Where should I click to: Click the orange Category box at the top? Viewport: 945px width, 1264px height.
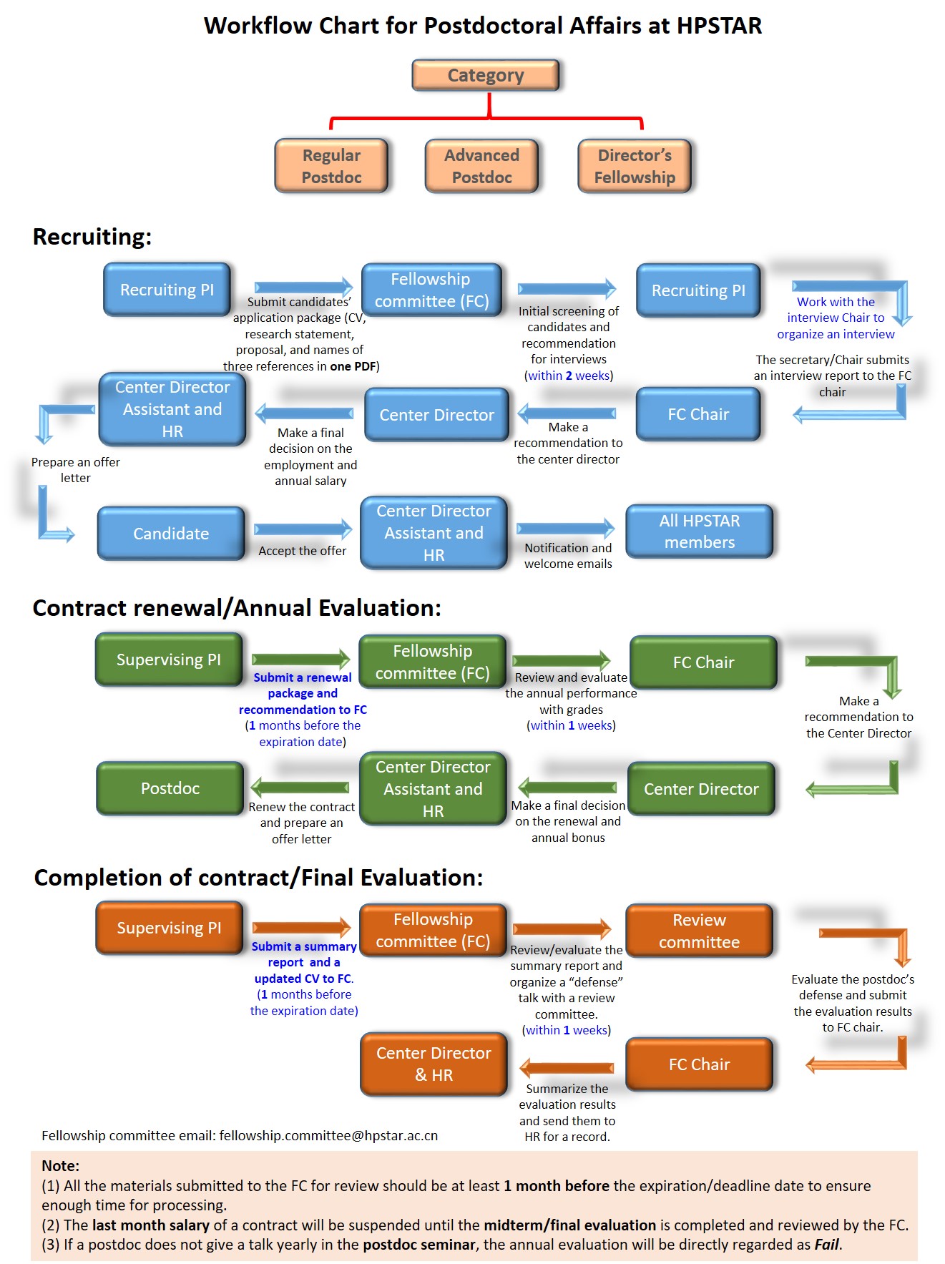click(x=486, y=75)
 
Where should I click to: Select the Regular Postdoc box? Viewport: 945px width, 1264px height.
click(x=331, y=166)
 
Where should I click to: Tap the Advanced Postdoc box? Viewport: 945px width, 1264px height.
click(x=481, y=166)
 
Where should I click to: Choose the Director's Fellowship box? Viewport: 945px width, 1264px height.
click(x=635, y=166)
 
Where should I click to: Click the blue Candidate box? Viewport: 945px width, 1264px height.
click(x=171, y=534)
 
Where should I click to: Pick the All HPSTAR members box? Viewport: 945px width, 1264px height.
click(x=700, y=531)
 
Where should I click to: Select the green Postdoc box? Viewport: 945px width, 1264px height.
click(x=170, y=788)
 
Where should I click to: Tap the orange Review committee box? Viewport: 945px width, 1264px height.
click(x=700, y=931)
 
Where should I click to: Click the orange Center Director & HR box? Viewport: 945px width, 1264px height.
click(x=434, y=1064)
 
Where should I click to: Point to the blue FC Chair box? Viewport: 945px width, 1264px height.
click(x=698, y=414)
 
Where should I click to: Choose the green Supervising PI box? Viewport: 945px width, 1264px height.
click(x=169, y=660)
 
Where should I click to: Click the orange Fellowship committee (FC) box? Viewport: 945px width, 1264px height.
click(x=433, y=930)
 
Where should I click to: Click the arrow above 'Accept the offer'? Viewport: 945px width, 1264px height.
click(x=303, y=529)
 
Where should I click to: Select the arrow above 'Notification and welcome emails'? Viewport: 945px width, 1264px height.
click(x=566, y=528)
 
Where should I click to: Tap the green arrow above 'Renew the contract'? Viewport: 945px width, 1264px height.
click(x=300, y=788)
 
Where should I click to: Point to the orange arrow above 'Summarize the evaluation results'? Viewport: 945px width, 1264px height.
click(x=567, y=1068)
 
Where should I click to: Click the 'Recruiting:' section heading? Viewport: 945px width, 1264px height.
click(x=92, y=237)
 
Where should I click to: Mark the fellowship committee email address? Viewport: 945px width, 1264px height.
click(x=328, y=1135)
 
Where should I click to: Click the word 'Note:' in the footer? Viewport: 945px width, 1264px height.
click(x=61, y=1165)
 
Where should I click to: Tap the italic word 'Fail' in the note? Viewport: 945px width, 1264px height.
click(x=827, y=1244)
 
